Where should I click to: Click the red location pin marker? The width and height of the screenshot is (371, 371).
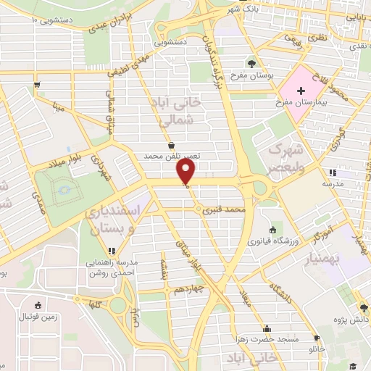tap(186, 172)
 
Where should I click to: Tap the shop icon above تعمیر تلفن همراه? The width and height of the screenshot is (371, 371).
tap(170, 144)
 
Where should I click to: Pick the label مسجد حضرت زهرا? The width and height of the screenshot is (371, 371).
tap(267, 338)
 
